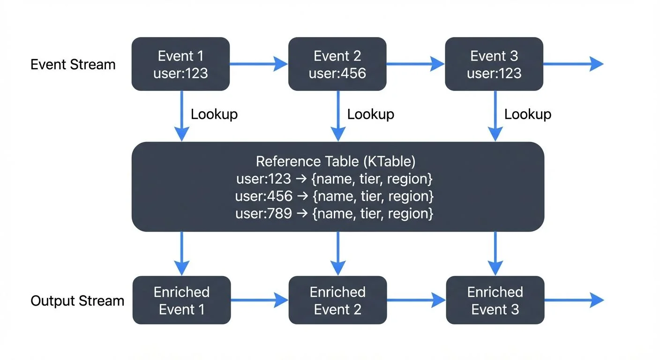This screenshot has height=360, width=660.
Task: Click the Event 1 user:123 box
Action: pyautogui.click(x=180, y=64)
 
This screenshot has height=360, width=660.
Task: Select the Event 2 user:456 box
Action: pyautogui.click(x=337, y=64)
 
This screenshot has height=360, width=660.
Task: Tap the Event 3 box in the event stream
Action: pyautogui.click(x=494, y=64)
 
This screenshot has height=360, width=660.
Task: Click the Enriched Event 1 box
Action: pyautogui.click(x=181, y=300)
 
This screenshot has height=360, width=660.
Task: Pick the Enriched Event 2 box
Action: pyautogui.click(x=337, y=300)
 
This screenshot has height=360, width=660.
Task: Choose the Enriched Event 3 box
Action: pyautogui.click(x=495, y=300)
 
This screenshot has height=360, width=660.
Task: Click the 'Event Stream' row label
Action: pyautogui.click(x=73, y=64)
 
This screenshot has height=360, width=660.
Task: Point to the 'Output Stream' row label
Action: pyautogui.click(x=77, y=300)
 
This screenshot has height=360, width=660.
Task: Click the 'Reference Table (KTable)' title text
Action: pyautogui.click(x=336, y=162)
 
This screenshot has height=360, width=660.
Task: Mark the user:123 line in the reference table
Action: pyautogui.click(x=334, y=179)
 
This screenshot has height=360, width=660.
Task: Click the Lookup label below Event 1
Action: pyautogui.click(x=214, y=114)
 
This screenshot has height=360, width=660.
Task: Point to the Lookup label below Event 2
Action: pyautogui.click(x=371, y=114)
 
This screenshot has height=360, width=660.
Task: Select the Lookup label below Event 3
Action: pyautogui.click(x=528, y=114)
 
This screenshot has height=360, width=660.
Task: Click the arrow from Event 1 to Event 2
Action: pyautogui.click(x=259, y=64)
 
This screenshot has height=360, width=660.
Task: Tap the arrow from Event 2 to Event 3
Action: pyautogui.click(x=415, y=64)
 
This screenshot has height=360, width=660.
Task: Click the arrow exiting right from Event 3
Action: pyautogui.click(x=573, y=64)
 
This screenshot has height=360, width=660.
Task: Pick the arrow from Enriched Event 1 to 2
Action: pyautogui.click(x=259, y=300)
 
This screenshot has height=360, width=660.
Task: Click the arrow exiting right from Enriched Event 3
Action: pyautogui.click(x=574, y=300)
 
